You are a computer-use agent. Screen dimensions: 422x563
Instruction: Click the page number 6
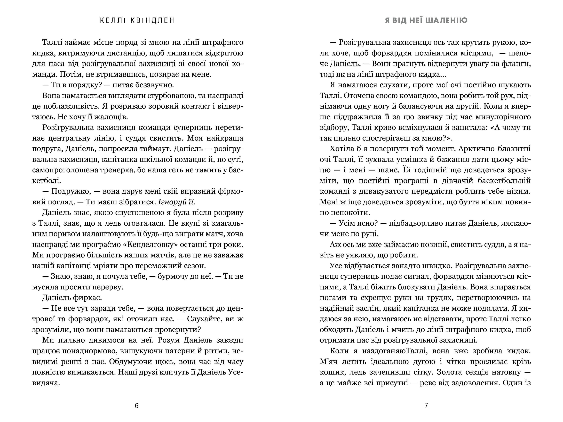(x=137, y=406)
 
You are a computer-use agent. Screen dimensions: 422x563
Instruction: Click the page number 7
(x=426, y=406)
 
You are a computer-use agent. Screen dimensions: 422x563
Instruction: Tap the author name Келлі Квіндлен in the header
(x=137, y=20)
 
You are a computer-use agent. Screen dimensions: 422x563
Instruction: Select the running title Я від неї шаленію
(x=426, y=20)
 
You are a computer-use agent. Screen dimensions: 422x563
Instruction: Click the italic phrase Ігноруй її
(x=176, y=202)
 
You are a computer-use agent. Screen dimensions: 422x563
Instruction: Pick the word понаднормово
(x=89, y=351)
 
